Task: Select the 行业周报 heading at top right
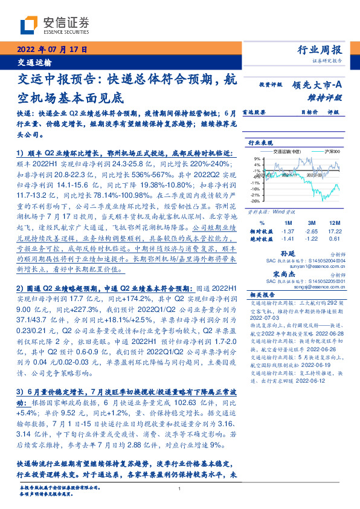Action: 320,50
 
